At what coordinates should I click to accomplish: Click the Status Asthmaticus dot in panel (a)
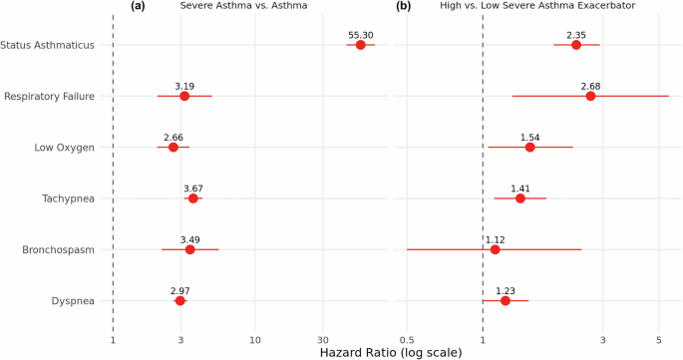click(x=360, y=45)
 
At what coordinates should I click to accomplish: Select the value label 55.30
click(x=360, y=35)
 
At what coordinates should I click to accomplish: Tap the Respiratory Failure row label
click(x=50, y=97)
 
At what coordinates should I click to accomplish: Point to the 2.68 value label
click(x=590, y=86)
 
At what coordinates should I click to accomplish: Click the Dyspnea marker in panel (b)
click(x=505, y=300)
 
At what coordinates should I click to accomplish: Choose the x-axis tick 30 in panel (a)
click(x=322, y=340)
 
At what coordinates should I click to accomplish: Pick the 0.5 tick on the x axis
click(x=407, y=340)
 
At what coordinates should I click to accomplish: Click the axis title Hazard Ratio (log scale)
click(x=390, y=352)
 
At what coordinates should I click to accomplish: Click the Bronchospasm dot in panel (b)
click(x=495, y=249)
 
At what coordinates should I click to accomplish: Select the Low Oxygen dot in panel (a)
click(x=172, y=148)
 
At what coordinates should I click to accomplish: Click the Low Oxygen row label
click(x=64, y=148)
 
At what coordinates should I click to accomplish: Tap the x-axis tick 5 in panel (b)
click(x=659, y=340)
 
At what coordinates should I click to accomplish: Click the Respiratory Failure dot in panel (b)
click(x=590, y=96)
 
